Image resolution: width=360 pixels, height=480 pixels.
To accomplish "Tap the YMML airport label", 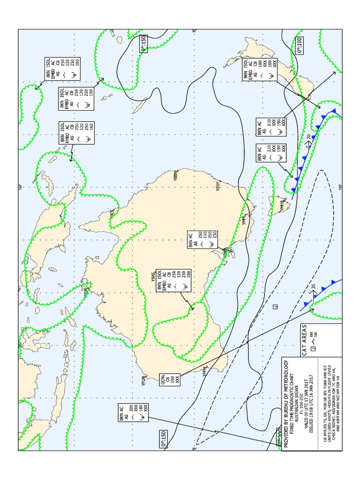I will coord(244,220).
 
